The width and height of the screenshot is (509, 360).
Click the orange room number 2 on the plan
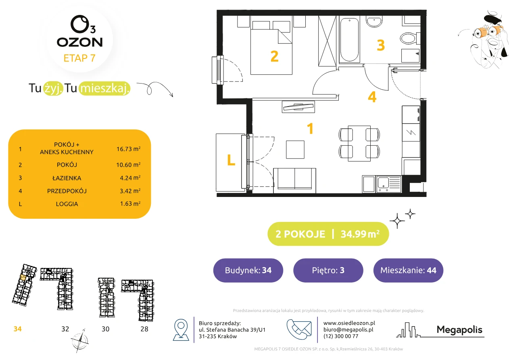[x=275, y=56]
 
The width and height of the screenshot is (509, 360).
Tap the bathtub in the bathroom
[x=349, y=40]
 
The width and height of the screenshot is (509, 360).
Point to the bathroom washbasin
[x=374, y=22]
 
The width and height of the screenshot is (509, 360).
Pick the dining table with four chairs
[x=359, y=143]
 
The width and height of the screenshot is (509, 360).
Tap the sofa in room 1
[x=294, y=180]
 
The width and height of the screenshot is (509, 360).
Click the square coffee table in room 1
[x=295, y=149]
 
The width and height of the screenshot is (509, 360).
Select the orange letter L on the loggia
[x=231, y=160]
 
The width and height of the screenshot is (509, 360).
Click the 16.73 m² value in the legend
[x=128, y=149]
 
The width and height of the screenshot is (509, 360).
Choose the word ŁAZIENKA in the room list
[x=67, y=178]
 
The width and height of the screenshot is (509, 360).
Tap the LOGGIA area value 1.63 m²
[x=130, y=203]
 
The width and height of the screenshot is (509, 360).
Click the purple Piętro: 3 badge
[x=328, y=270]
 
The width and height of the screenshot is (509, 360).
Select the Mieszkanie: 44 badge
[x=408, y=270]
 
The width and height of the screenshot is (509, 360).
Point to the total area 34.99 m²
[x=360, y=234]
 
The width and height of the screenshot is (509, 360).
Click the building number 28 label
[x=144, y=329]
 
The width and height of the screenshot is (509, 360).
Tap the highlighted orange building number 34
[x=17, y=329]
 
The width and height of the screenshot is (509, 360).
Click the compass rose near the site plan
[x=80, y=341]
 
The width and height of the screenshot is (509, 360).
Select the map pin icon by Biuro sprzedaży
[x=181, y=329]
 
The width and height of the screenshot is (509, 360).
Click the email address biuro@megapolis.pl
[x=348, y=329]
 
